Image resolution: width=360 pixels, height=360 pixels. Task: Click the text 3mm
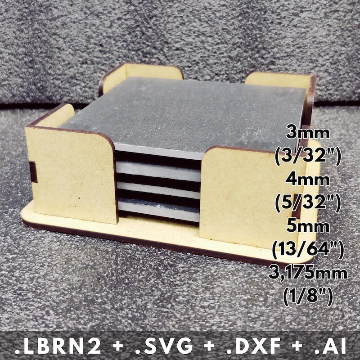308,133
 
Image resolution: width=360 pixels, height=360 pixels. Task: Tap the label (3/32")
308,157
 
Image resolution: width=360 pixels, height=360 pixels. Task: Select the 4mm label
308,180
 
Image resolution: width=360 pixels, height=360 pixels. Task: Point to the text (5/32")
308,203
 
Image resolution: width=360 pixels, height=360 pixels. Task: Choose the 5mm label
308,226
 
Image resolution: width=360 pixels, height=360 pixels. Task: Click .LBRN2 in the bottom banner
58,346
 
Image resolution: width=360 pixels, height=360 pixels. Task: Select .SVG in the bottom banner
164,346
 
